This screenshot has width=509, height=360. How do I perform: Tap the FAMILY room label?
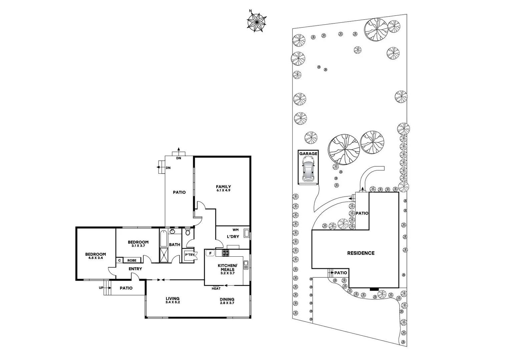(223, 187)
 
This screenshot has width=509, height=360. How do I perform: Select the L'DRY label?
(233, 237)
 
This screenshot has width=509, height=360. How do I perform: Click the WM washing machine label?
(235, 230)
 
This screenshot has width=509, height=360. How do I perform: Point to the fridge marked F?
(210, 253)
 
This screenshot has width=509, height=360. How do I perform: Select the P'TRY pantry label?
(189, 255)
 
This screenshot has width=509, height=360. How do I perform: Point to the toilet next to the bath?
(187, 232)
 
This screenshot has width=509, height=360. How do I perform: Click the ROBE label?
(132, 260)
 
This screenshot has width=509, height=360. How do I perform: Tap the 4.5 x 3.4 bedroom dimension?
(95, 258)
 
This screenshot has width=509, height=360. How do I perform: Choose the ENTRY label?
(135, 269)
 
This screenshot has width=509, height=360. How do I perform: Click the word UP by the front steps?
(101, 288)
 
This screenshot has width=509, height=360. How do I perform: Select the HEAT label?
(216, 289)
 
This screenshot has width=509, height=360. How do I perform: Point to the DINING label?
(227, 299)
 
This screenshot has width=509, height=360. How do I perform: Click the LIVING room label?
(172, 299)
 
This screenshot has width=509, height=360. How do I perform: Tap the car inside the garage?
(308, 170)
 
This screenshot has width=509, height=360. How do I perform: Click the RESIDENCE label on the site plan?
(361, 253)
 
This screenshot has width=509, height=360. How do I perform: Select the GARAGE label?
(308, 154)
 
